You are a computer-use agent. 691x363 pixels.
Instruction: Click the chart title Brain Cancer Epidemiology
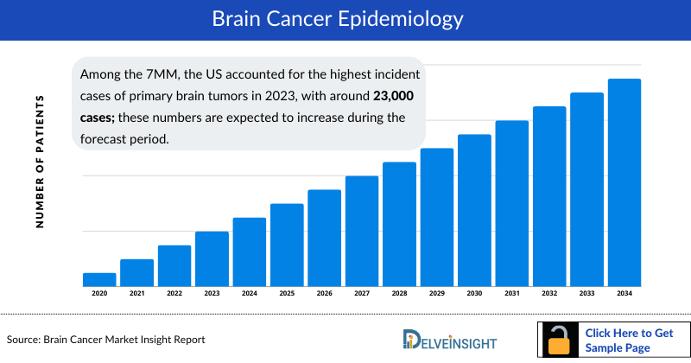pyautogui.click(x=345, y=18)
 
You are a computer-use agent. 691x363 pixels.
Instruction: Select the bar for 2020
pyautogui.click(x=99, y=279)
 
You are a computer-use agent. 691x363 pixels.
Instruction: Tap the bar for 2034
pyautogui.click(x=624, y=182)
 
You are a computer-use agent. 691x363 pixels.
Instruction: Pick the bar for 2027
pyautogui.click(x=362, y=231)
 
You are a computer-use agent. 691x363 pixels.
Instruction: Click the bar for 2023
pyautogui.click(x=212, y=258)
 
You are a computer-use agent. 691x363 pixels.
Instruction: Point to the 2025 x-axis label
pyautogui.click(x=287, y=294)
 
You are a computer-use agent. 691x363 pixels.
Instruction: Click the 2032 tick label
pyautogui.click(x=549, y=294)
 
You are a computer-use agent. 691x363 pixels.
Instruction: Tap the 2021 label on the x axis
pyautogui.click(x=136, y=294)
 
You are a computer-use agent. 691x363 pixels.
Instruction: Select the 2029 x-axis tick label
pyautogui.click(x=437, y=294)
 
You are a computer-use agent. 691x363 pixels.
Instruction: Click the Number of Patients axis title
pyautogui.click(x=40, y=162)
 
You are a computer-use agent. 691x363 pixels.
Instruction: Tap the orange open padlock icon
pyautogui.click(x=561, y=340)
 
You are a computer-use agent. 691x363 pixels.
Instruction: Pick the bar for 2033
pyautogui.click(x=586, y=189)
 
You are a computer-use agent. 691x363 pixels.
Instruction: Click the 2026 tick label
pyautogui.click(x=325, y=294)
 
